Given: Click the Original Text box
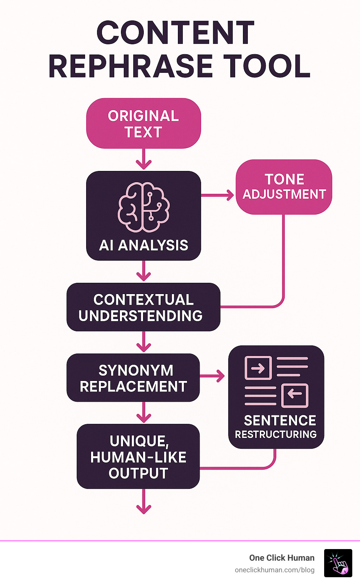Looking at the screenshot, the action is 143,123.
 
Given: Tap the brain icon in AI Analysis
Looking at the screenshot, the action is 143,207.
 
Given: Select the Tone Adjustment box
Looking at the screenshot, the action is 284,187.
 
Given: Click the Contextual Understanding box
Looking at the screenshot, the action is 143,307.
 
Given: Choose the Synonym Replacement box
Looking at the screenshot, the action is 133,377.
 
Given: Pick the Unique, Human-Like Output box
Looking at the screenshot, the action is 138,457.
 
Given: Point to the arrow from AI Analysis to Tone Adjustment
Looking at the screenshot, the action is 217,195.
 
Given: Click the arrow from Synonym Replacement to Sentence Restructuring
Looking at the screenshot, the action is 212,376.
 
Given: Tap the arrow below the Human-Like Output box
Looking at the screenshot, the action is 144,501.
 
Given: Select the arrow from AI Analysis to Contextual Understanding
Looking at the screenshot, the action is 143,271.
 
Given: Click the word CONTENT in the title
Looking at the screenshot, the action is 175,33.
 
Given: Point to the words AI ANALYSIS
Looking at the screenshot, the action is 143,246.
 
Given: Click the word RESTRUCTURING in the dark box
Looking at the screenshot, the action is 276,434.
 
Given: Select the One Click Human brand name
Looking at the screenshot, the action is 282,558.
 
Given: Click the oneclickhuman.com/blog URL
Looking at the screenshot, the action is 275,570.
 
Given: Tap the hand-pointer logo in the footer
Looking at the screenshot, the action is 338,563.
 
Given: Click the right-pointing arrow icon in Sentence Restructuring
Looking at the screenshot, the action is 258,368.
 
